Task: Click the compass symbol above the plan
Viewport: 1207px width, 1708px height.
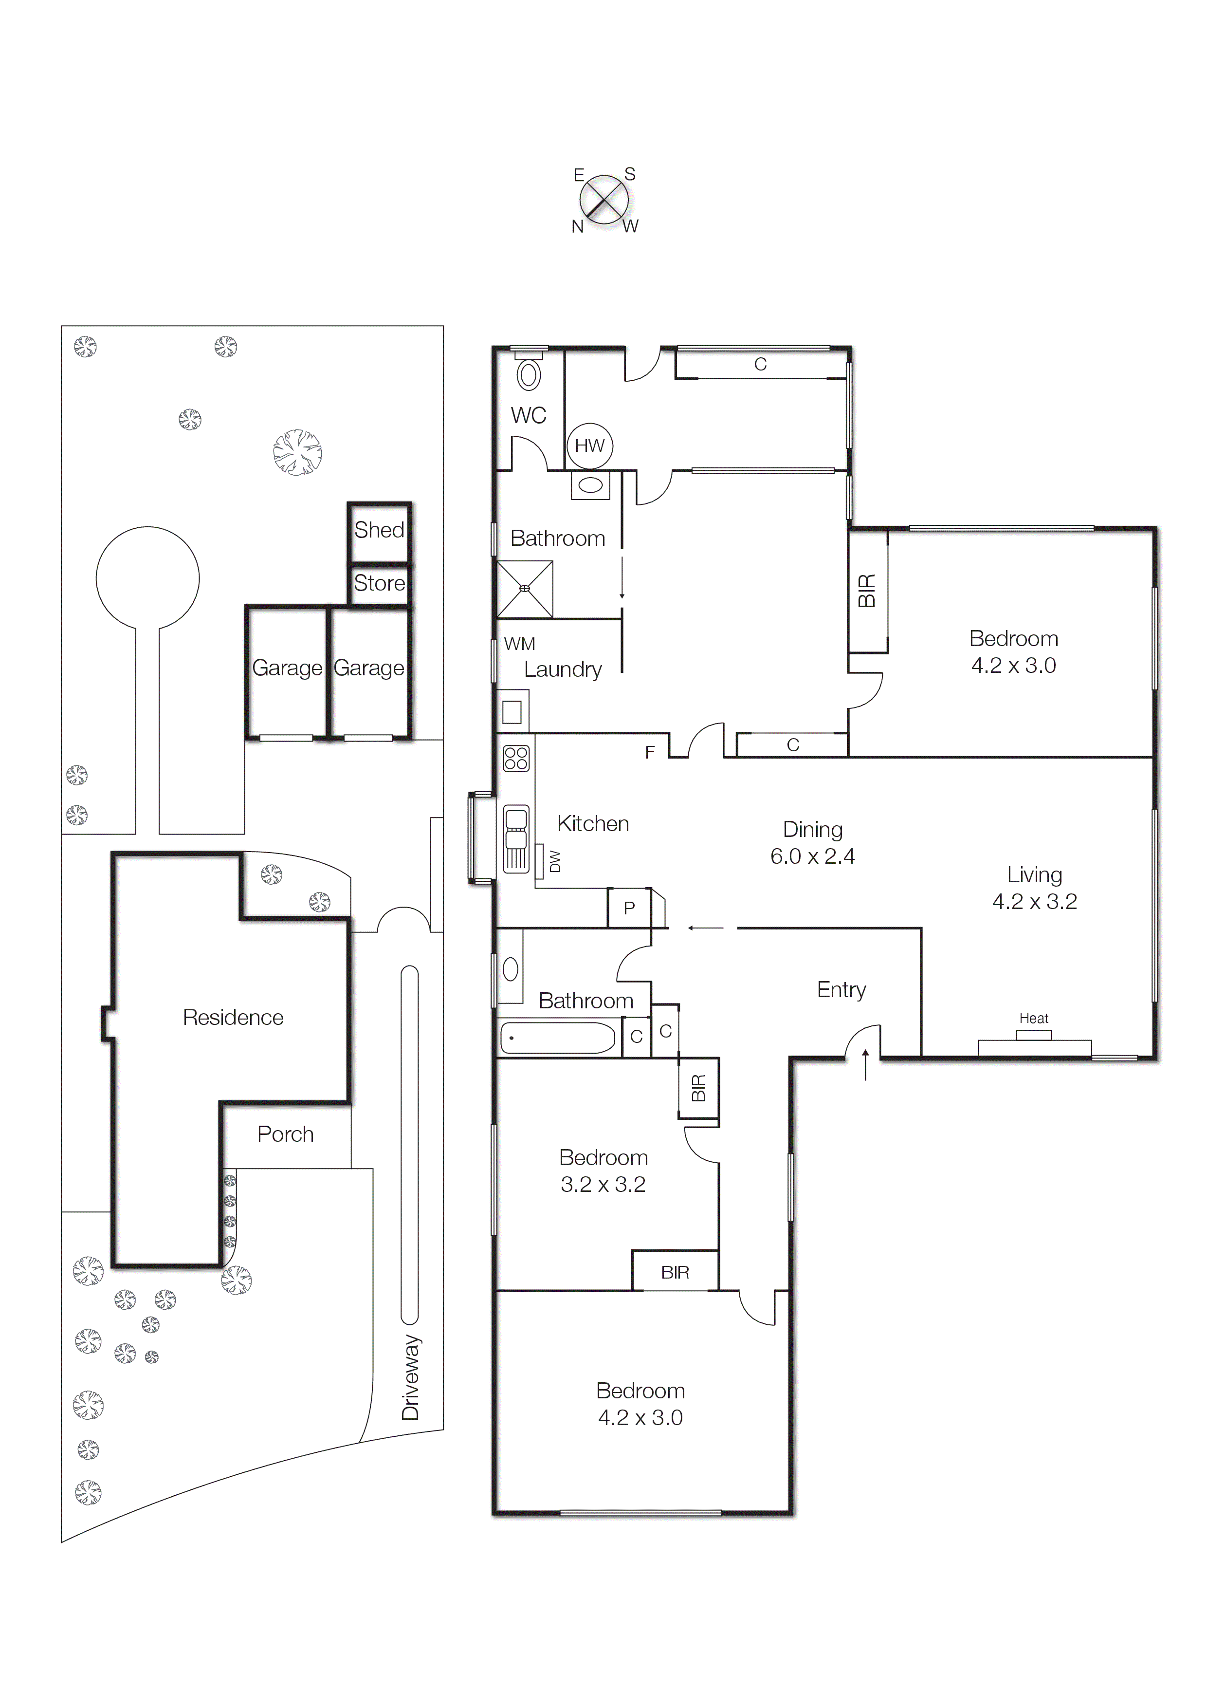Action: point(604,199)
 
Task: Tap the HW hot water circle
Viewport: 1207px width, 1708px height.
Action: point(590,446)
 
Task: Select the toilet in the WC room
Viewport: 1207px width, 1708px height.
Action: point(529,375)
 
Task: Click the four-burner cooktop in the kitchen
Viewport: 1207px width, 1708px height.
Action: point(516,758)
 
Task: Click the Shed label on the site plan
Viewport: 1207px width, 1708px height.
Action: point(379,530)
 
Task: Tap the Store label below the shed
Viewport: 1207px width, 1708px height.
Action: point(379,583)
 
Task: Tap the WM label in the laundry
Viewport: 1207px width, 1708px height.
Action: point(519,644)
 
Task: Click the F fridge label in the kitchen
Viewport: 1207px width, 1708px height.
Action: point(649,753)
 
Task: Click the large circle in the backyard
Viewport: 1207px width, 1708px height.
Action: point(148,578)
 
